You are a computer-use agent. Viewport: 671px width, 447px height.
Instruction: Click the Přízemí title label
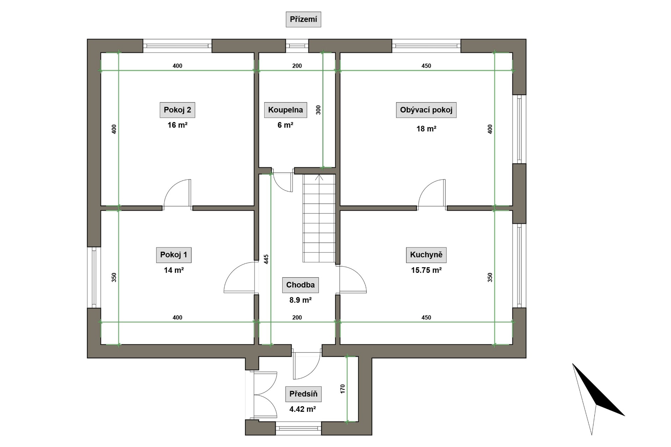tap(303, 20)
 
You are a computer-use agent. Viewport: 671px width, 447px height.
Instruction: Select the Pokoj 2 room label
tap(177, 110)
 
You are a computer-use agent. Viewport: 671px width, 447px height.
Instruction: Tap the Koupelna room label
tap(285, 110)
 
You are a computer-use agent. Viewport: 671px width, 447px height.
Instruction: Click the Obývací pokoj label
tap(426, 110)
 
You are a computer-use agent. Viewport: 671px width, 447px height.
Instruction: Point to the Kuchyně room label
tap(426, 255)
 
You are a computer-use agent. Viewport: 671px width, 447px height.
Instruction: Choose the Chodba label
tap(300, 285)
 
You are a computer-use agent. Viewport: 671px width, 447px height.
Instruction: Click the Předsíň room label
tap(303, 394)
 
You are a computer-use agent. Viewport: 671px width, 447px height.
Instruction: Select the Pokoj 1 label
tap(174, 255)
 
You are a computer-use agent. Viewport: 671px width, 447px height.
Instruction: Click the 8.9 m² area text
tap(300, 300)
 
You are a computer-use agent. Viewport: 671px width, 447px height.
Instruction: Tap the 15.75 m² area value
tap(426, 270)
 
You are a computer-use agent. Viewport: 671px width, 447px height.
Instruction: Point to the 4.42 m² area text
tap(303, 409)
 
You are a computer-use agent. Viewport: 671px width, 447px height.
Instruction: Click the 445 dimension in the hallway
tap(266, 259)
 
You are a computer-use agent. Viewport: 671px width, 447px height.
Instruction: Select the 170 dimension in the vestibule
tap(342, 389)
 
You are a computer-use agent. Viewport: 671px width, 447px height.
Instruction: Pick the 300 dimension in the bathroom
tap(318, 110)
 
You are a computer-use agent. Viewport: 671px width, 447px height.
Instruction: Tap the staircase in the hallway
tap(319, 218)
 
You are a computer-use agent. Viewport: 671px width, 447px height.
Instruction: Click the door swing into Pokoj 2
tap(178, 193)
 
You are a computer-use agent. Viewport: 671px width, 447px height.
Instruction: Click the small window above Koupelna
tap(297, 46)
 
